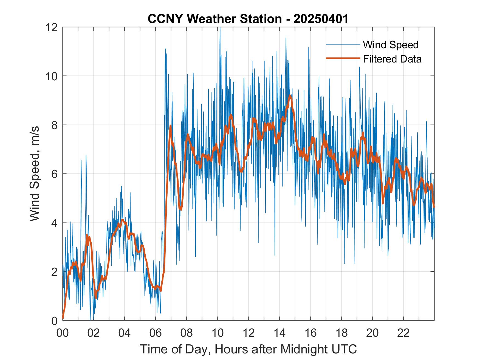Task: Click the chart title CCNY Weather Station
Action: pos(214,19)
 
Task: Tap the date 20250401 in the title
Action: pos(321,19)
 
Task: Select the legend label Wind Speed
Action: pos(391,45)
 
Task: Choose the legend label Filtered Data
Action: pos(392,59)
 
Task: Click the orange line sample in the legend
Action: pos(343,58)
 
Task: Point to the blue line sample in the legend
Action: pos(343,44)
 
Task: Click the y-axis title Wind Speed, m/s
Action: pos(35,174)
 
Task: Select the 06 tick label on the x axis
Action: pos(156,333)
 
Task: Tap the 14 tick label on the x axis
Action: pos(279,333)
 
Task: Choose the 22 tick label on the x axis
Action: pos(403,333)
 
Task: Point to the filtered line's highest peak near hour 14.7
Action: pos(290,96)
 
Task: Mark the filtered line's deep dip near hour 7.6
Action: pos(180,209)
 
